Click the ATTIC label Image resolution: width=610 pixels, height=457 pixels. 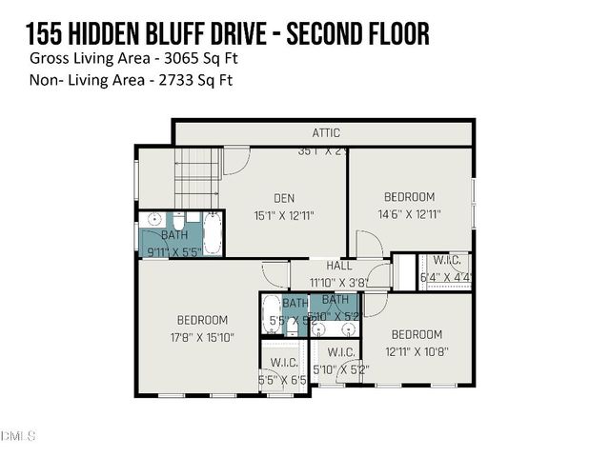pos(326,133)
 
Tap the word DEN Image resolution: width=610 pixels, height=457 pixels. pos(284,198)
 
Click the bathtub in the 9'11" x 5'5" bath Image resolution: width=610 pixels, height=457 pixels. pos(212,234)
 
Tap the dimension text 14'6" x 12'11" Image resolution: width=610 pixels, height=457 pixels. pos(409,214)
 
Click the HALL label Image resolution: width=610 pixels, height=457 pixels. pos(339,267)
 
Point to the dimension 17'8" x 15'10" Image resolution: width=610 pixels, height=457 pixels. pos(202,337)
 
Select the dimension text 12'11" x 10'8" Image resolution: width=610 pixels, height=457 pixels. pos(417,351)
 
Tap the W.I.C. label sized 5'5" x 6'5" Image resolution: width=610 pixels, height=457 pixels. pos(284,363)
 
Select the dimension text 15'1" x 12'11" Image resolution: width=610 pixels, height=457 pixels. pos(283,215)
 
